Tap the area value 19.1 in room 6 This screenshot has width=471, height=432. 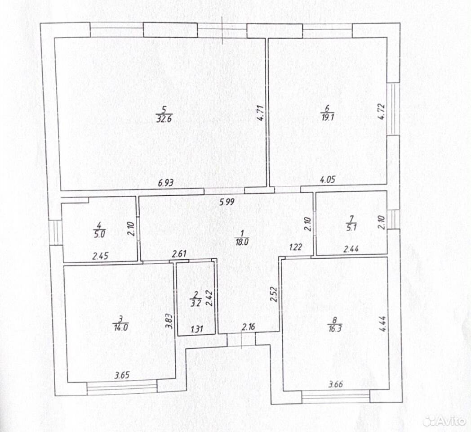click(x=328, y=117)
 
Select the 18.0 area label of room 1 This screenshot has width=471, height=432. click(x=241, y=242)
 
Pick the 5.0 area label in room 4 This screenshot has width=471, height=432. click(x=99, y=234)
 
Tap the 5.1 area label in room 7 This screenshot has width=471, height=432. click(x=351, y=228)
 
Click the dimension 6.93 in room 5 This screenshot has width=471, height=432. click(x=166, y=183)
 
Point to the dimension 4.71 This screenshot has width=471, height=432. click(x=261, y=112)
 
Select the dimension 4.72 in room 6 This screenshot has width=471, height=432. click(x=382, y=112)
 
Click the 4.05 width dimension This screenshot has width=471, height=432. click(x=328, y=180)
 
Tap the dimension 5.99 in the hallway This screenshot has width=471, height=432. click(x=227, y=202)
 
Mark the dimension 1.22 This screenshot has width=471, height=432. click(x=296, y=247)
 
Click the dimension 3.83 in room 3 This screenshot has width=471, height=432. click(x=170, y=321)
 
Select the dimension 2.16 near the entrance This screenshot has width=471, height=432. click(x=249, y=327)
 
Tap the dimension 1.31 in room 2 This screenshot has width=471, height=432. click(x=197, y=329)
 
